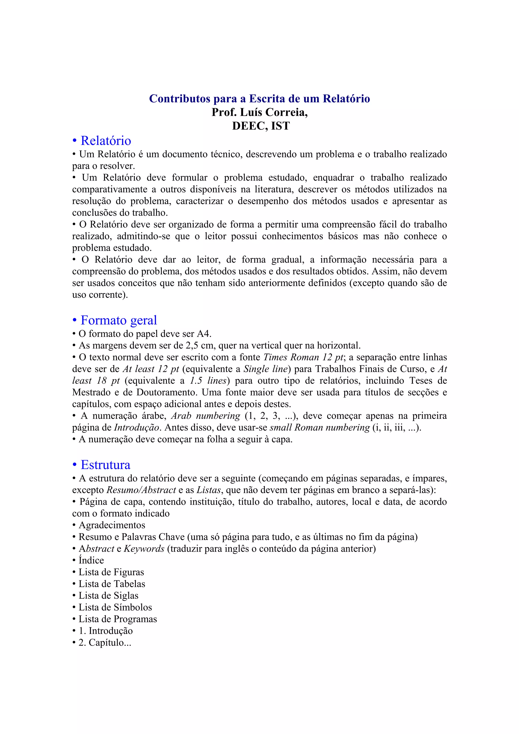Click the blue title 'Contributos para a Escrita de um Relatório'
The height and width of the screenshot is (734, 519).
click(259, 99)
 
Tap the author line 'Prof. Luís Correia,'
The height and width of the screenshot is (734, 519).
click(259, 112)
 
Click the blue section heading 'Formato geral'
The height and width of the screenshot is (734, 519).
click(119, 320)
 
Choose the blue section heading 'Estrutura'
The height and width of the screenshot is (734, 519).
click(105, 465)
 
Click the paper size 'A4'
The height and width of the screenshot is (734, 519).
click(203, 334)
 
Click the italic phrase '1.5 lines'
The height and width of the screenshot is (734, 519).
click(208, 381)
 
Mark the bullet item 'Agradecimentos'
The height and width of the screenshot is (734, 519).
click(112, 525)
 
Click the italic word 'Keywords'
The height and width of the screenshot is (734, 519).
click(144, 549)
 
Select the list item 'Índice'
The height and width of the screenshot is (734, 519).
click(91, 560)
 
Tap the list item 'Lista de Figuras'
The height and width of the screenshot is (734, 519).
click(111, 572)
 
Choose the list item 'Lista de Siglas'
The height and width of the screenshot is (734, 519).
click(108, 595)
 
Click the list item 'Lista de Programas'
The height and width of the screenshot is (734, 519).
click(118, 619)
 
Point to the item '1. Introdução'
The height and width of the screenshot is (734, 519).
click(105, 631)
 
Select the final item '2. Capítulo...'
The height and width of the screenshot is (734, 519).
click(105, 643)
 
